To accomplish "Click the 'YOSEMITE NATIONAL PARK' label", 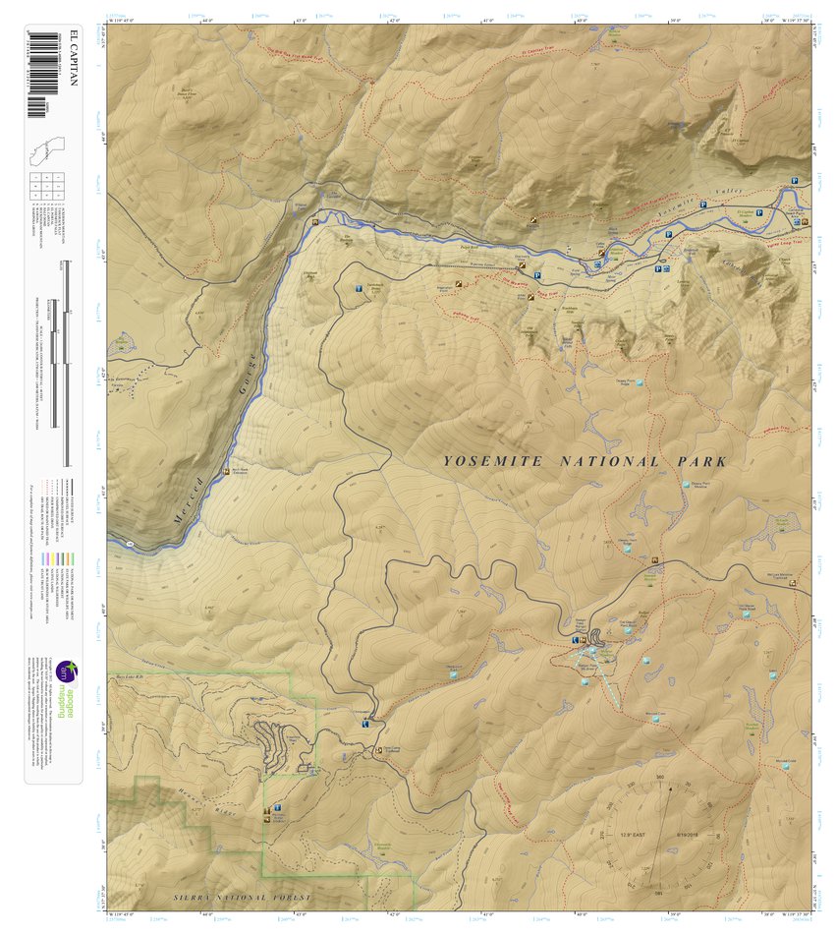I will tap(585, 461).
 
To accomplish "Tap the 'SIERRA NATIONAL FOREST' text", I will tap(242, 898).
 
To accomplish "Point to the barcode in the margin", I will tap(38, 73).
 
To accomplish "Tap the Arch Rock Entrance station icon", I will tap(229, 471).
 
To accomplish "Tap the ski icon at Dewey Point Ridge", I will tap(641, 382).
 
